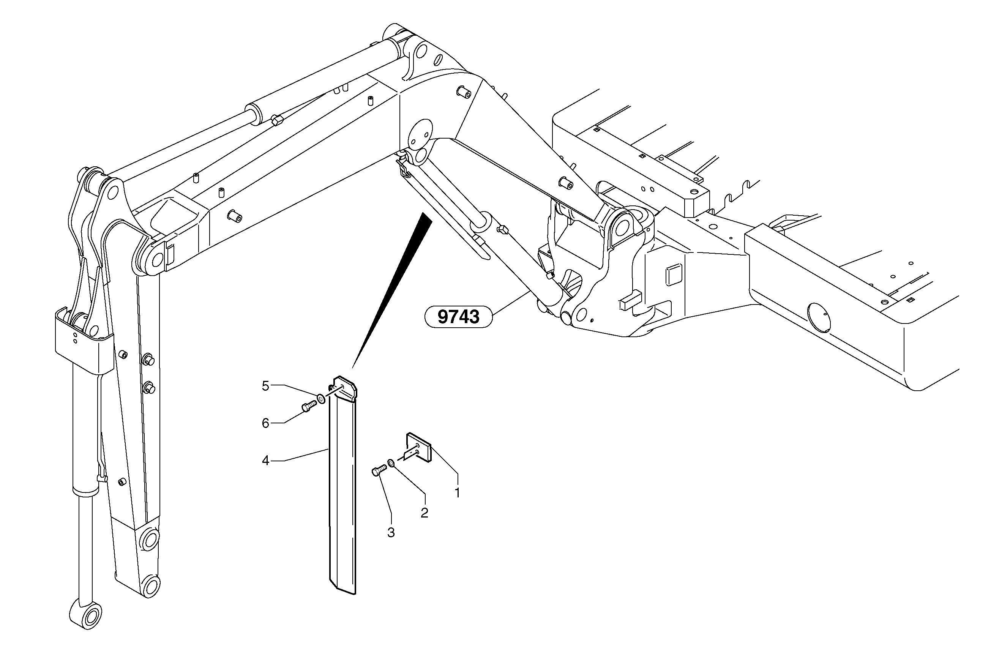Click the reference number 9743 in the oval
(x=458, y=317)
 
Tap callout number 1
(x=457, y=493)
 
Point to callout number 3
(x=391, y=532)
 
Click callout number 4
(x=266, y=461)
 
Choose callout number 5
(x=266, y=385)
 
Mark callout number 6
(x=266, y=423)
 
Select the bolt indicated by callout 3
(x=379, y=470)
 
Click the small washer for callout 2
(x=391, y=462)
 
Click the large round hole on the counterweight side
(x=819, y=318)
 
